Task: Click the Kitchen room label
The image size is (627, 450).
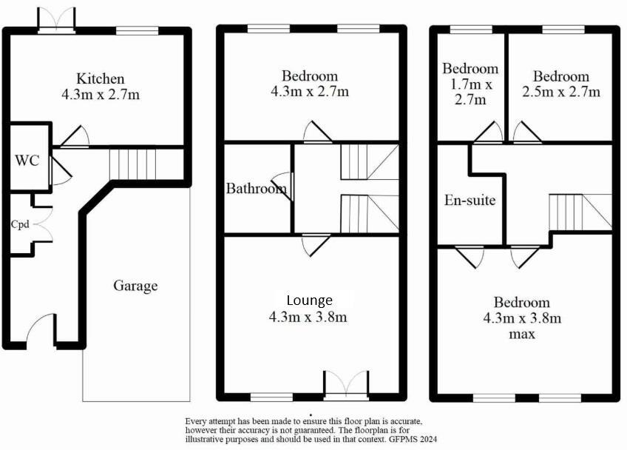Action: point(101,78)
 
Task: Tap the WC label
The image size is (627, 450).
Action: point(27,161)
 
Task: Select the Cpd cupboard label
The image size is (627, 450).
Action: point(20,224)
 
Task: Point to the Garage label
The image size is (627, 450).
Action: point(135,286)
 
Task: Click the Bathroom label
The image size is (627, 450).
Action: point(256,189)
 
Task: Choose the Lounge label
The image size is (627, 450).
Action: point(310,300)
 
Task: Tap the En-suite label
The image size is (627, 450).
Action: point(470,200)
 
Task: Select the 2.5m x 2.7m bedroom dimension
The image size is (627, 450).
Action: point(561,92)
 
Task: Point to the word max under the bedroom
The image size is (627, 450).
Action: point(522,334)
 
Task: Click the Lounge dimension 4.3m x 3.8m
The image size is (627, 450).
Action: point(310,318)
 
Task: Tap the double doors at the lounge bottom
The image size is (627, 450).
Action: point(346,383)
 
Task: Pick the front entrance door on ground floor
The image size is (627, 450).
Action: point(41,331)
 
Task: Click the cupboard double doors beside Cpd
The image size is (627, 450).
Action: point(42,222)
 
